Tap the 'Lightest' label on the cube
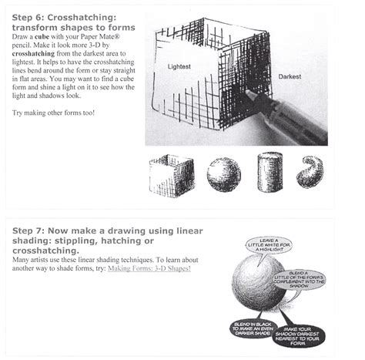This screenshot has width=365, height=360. point(182,68)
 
